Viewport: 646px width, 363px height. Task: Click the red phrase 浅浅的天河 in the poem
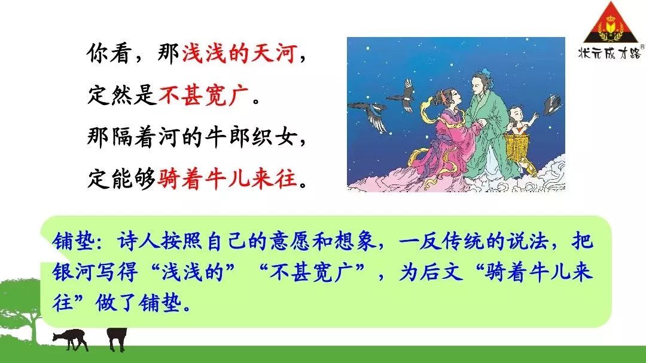(239, 54)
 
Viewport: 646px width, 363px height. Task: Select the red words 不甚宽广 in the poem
(203, 96)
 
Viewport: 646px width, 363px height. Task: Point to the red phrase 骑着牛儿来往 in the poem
(227, 179)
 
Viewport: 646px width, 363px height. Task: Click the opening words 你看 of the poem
(109, 54)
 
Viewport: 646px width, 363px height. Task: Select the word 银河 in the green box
(74, 272)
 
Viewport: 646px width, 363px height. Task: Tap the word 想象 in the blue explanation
(355, 241)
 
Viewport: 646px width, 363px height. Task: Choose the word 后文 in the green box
(441, 272)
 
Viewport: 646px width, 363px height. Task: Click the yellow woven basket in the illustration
(518, 148)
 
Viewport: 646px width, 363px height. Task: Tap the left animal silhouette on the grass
(70, 339)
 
